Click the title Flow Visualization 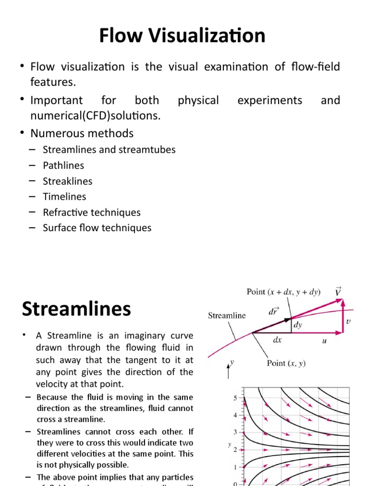[x=182, y=36]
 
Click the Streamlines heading [x=76, y=309]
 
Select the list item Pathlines [x=63, y=165]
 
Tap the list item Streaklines [x=67, y=181]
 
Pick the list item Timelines [x=65, y=196]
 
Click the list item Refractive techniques [x=92, y=212]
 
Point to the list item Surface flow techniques [x=97, y=228]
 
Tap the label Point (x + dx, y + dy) [x=283, y=292]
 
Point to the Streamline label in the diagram [x=227, y=315]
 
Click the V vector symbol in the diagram [x=338, y=291]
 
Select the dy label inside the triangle [x=297, y=326]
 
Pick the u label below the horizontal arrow [x=325, y=341]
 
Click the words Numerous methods [x=82, y=133]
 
